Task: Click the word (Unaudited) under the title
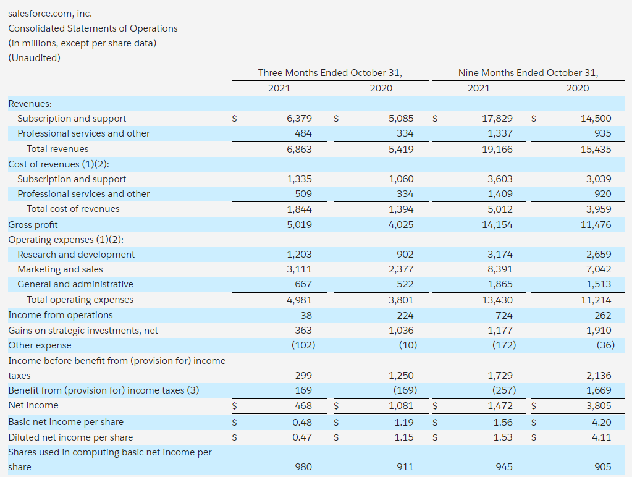pyautogui.click(x=34, y=57)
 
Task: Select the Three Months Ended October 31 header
pyautogui.click(x=330, y=73)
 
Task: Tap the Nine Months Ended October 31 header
pyautogui.click(x=528, y=73)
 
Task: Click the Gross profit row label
pyautogui.click(x=33, y=224)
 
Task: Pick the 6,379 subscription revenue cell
pyautogui.click(x=300, y=118)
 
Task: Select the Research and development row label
pyautogui.click(x=76, y=255)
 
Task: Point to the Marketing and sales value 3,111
pyautogui.click(x=300, y=269)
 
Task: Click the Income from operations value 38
pyautogui.click(x=306, y=315)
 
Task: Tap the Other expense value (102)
pyautogui.click(x=303, y=345)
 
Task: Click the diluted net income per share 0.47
pyautogui.click(x=302, y=437)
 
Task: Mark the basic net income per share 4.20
pyautogui.click(x=601, y=422)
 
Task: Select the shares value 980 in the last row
pyautogui.click(x=303, y=467)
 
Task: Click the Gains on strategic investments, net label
pyautogui.click(x=83, y=331)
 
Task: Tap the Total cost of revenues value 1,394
pyautogui.click(x=401, y=209)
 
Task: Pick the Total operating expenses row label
pyautogui.click(x=80, y=300)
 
